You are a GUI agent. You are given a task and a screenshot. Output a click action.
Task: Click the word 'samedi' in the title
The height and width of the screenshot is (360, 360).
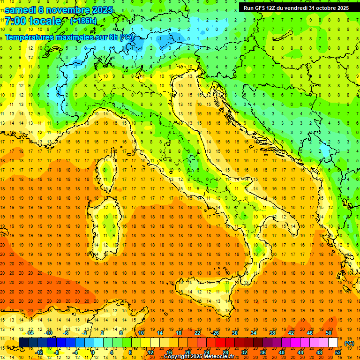click(x=22, y=10)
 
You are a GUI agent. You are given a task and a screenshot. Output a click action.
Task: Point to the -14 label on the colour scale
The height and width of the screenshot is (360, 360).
click(x=30, y=333)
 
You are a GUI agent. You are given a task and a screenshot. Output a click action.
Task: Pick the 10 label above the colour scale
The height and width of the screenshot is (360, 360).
click(x=141, y=333)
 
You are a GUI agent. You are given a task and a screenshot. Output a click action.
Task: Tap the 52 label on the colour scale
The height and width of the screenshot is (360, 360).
click(x=337, y=352)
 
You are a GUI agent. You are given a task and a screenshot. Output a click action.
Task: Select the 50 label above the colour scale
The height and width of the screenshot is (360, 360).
click(x=329, y=333)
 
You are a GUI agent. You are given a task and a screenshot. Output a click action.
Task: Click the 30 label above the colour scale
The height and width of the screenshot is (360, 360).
click(x=234, y=333)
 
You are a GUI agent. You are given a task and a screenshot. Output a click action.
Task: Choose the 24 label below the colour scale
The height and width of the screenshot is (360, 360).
click(x=206, y=352)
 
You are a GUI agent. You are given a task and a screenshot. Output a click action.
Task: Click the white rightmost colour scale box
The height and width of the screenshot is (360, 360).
click(x=333, y=342)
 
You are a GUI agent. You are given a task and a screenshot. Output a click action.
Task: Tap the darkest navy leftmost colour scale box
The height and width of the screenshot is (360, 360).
click(x=23, y=342)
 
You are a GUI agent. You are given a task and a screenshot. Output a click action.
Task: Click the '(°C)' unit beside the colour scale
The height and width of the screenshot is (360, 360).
click(x=349, y=343)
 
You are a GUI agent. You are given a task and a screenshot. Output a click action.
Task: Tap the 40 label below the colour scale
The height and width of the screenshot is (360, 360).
click(x=281, y=352)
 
